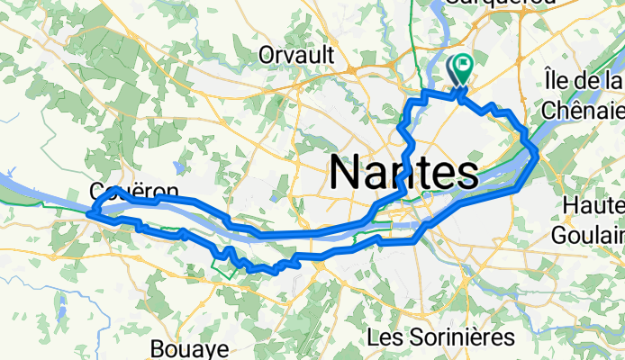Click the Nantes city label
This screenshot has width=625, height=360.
(x=403, y=170)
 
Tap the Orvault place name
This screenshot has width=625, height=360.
(x=296, y=56)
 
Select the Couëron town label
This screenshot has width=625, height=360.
(x=122, y=191)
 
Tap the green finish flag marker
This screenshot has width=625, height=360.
(x=464, y=66)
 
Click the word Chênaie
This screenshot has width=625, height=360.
(x=584, y=110)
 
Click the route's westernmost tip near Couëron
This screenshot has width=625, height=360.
(x=89, y=213)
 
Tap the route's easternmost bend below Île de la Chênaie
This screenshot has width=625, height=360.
(x=538, y=156)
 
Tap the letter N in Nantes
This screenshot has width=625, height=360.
(x=345, y=170)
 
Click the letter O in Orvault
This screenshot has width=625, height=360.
(x=267, y=56)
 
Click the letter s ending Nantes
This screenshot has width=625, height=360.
(x=466, y=170)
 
